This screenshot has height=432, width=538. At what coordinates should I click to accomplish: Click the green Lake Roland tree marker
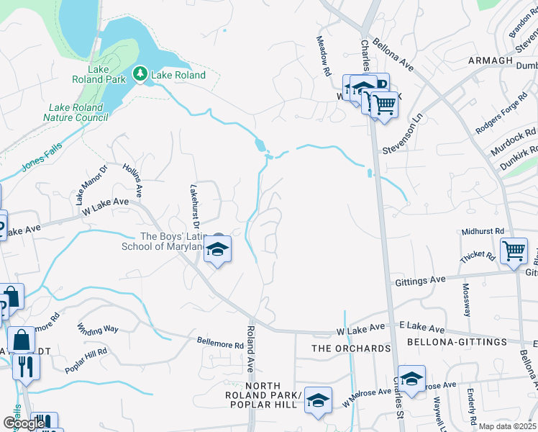[x=140, y=74]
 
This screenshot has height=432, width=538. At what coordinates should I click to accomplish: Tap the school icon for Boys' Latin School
[x=217, y=250]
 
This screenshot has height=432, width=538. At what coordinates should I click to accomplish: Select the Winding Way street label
[x=97, y=329]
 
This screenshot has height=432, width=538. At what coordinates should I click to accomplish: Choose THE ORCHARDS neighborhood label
[x=350, y=348]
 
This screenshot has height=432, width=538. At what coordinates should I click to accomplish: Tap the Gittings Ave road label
[x=421, y=282]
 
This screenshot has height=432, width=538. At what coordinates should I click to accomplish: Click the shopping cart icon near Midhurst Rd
[x=514, y=251]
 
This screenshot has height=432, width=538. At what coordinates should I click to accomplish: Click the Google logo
[x=23, y=424]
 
